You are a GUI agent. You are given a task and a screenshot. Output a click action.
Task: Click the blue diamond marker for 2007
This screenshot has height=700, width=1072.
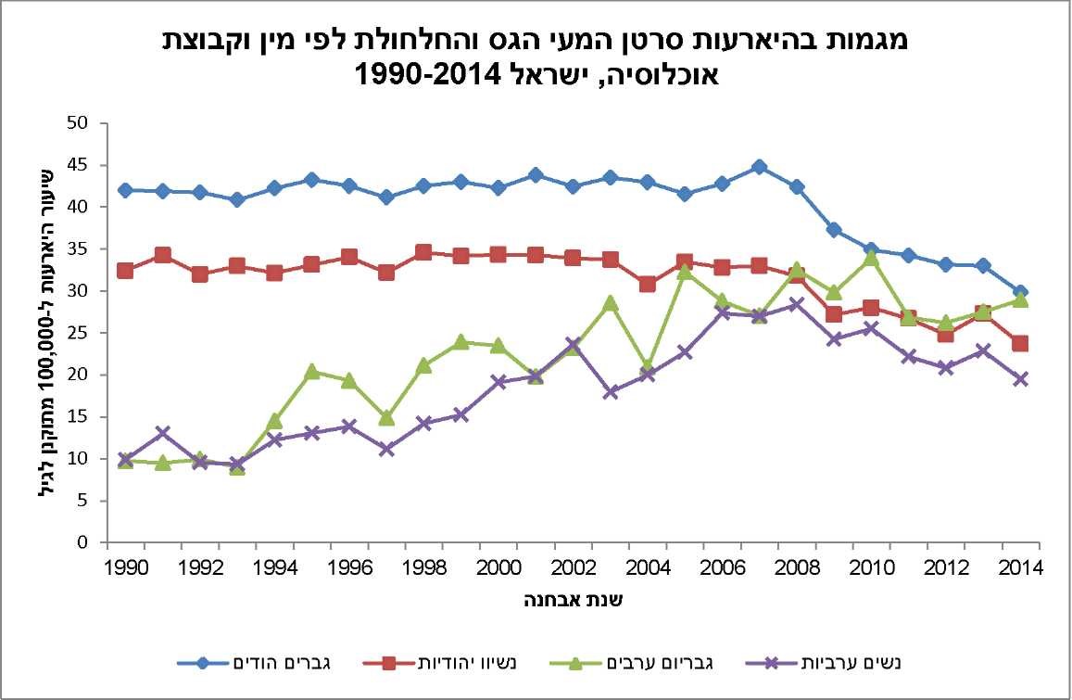(759, 167)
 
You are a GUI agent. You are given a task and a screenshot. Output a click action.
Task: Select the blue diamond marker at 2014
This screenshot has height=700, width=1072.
(1020, 292)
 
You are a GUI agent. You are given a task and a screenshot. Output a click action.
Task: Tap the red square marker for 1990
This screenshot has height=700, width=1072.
(125, 271)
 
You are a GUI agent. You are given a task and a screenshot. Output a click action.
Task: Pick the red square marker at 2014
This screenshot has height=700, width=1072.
(1020, 344)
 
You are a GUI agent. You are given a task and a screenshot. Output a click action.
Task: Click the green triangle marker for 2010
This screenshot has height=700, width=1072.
(871, 258)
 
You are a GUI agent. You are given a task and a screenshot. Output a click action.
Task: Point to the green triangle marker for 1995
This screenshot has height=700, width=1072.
(311, 371)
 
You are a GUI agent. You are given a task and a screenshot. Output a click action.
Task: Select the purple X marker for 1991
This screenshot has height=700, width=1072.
(163, 433)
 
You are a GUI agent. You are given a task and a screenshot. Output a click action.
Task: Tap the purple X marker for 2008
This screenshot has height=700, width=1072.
(796, 305)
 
